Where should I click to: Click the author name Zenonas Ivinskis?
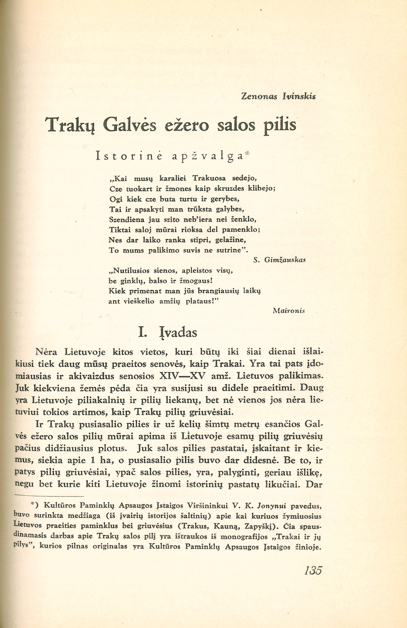(x=278, y=97)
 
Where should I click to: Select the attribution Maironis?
(x=289, y=311)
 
